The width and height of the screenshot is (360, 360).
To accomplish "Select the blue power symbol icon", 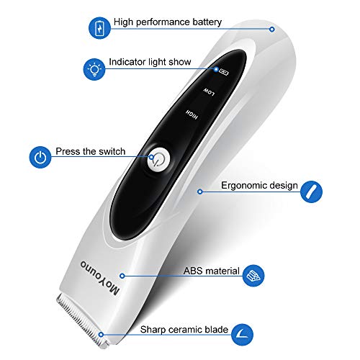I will [x=40, y=155].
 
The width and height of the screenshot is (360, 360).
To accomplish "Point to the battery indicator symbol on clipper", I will [x=224, y=71].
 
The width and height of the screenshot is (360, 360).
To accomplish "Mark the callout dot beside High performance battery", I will [x=272, y=30].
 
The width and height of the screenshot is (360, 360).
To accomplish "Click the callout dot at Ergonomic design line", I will [x=200, y=192].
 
